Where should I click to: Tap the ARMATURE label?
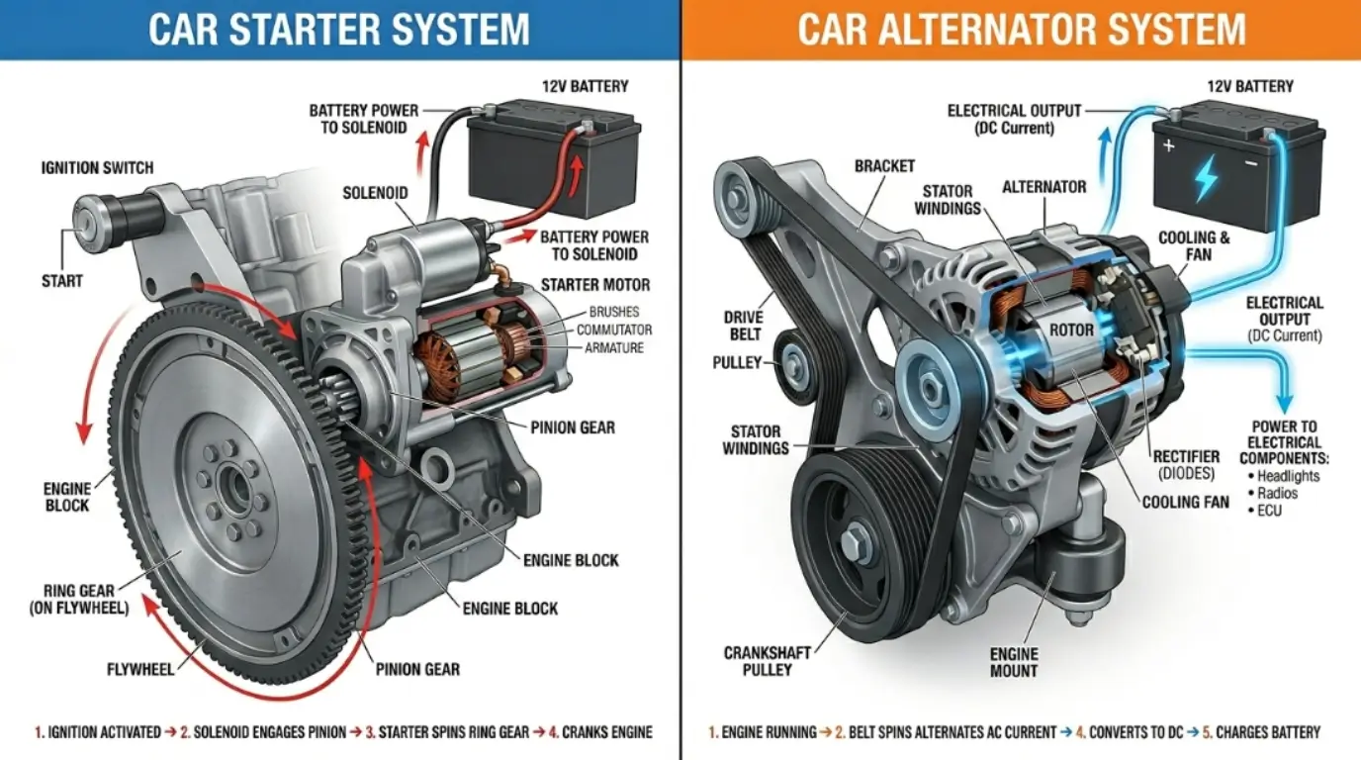click(613, 347)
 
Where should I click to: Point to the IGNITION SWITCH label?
click(97, 168)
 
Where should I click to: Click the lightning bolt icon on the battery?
click(1207, 180)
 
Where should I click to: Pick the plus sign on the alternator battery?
click(1169, 146)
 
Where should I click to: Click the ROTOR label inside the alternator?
click(1071, 330)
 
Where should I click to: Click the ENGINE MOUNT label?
click(1014, 662)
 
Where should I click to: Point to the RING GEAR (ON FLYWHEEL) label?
click(79, 600)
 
